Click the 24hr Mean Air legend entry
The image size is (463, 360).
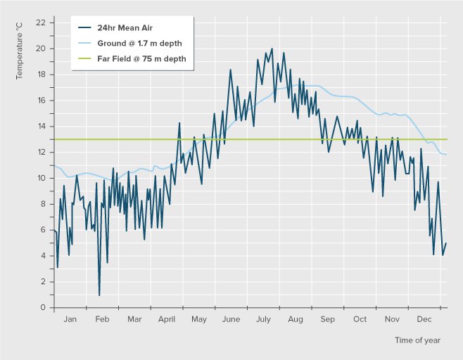pyautogui.click(x=125, y=28)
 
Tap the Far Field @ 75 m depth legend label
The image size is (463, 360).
pyautogui.click(x=141, y=58)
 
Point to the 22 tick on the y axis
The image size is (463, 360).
pyautogui.click(x=40, y=22)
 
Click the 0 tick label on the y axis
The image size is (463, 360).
pyautogui.click(x=42, y=307)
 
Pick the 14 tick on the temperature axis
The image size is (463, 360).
pyautogui.click(x=40, y=127)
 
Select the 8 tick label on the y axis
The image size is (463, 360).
pyautogui.click(x=42, y=204)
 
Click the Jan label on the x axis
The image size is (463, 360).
pyautogui.click(x=70, y=319)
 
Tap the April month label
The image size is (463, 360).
pyautogui.click(x=167, y=319)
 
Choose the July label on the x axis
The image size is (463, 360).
pyautogui.click(x=263, y=319)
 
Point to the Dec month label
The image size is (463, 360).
pyautogui.click(x=424, y=319)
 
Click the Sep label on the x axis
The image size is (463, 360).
pyautogui.click(x=327, y=319)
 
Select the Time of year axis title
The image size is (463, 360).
pyautogui.click(x=417, y=340)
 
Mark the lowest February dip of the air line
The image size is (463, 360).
pyautogui.click(x=99, y=295)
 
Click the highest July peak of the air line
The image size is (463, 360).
pyautogui.click(x=272, y=49)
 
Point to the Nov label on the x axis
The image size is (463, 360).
pyautogui.click(x=392, y=319)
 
